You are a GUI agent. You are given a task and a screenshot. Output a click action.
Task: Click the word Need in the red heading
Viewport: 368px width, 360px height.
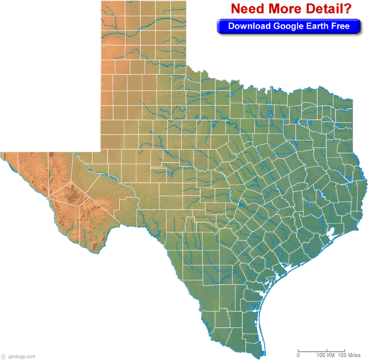point(250,9)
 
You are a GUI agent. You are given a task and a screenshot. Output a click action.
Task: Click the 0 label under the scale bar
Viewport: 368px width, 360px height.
point(298,355)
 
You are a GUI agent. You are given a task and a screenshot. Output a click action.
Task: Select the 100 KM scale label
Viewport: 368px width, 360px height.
point(325,355)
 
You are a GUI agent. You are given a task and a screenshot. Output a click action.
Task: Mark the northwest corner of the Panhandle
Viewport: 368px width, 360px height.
point(100,2)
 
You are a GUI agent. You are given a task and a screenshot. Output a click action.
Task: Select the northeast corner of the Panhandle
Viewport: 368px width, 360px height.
point(187,2)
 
